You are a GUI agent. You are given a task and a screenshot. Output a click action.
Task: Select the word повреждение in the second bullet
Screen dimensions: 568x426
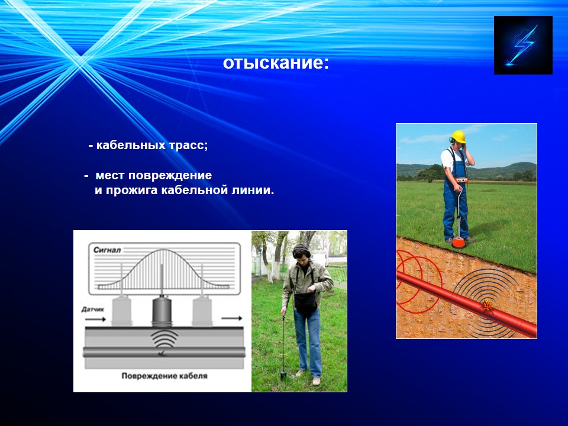click(x=170, y=176)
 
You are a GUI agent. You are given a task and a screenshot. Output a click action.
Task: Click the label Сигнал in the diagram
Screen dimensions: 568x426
click(x=107, y=250)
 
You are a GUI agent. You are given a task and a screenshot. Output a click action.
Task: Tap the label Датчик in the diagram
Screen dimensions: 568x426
click(x=93, y=309)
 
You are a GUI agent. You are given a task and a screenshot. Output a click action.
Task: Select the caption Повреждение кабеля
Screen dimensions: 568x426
click(x=164, y=376)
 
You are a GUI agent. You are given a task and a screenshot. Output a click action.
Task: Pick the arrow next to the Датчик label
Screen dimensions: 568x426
click(x=95, y=319)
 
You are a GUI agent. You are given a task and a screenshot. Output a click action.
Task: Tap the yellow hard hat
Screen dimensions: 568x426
click(x=458, y=137)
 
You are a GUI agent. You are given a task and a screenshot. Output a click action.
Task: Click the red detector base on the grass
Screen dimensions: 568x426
click(x=458, y=242)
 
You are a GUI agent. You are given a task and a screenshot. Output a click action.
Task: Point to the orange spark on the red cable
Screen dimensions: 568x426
click(x=487, y=306)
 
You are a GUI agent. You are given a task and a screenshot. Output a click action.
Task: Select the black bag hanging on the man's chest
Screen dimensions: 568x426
click(x=306, y=304)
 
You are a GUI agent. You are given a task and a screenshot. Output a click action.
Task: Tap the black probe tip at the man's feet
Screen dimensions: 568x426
click(x=283, y=375)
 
